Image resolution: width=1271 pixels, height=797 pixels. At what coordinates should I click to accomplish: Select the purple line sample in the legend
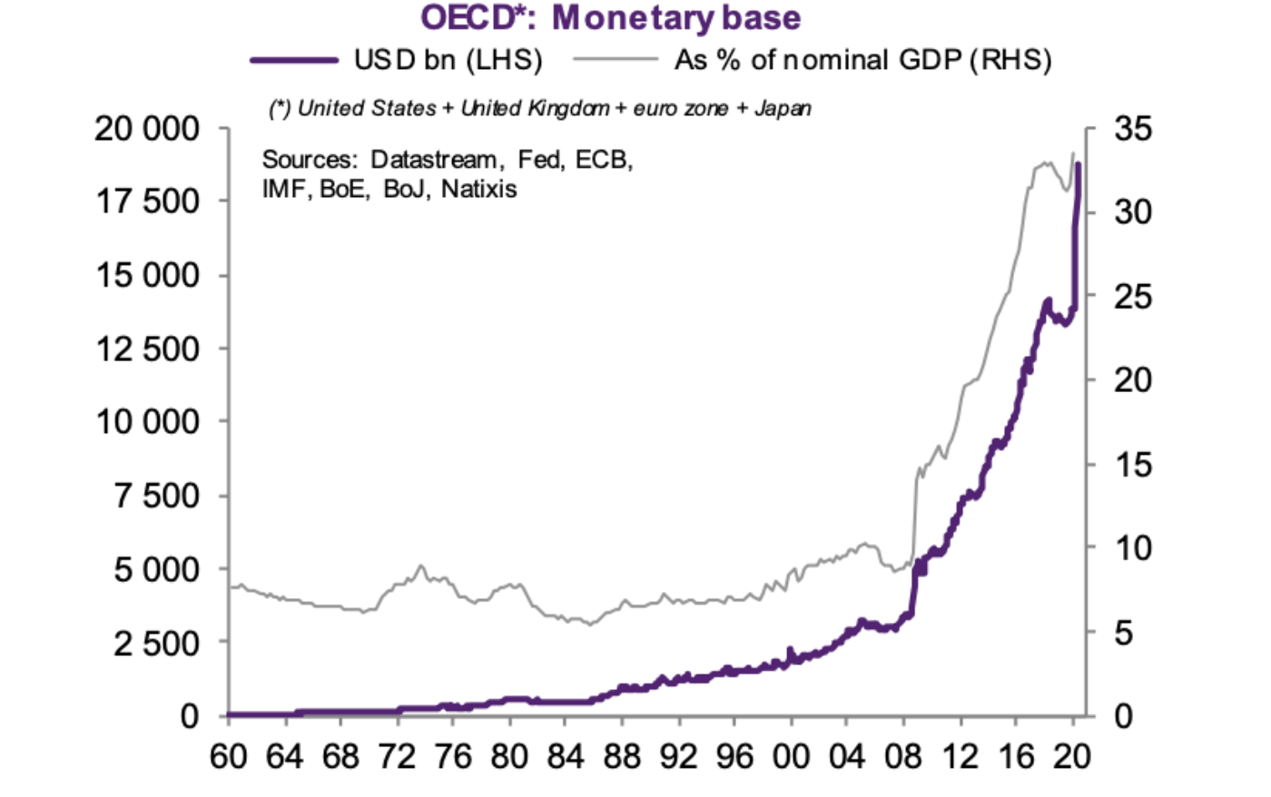click(x=295, y=60)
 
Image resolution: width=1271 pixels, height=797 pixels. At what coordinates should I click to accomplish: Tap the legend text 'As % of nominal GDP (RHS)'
click(x=862, y=60)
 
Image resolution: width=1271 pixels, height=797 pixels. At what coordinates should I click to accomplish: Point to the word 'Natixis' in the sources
click(x=479, y=189)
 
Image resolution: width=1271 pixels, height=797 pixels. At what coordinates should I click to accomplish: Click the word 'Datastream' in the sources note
click(x=433, y=160)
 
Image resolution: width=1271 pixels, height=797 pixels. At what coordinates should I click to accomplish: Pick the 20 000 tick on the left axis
click(x=147, y=128)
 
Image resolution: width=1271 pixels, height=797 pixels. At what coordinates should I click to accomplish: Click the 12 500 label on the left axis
click(x=147, y=349)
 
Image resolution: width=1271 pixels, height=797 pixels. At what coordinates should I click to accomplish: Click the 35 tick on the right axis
click(x=1132, y=128)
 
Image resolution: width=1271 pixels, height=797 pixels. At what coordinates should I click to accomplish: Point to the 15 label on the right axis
click(x=1132, y=465)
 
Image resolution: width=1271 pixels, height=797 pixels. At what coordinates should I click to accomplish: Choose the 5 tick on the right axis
click(x=1123, y=633)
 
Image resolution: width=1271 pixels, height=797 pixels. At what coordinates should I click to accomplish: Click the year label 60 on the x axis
click(x=228, y=755)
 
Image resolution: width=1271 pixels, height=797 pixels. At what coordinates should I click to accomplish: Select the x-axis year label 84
click(x=566, y=755)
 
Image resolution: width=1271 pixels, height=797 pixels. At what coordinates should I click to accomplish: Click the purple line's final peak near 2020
click(x=1078, y=165)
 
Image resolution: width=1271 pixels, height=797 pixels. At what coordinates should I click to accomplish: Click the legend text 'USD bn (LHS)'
click(x=448, y=60)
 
